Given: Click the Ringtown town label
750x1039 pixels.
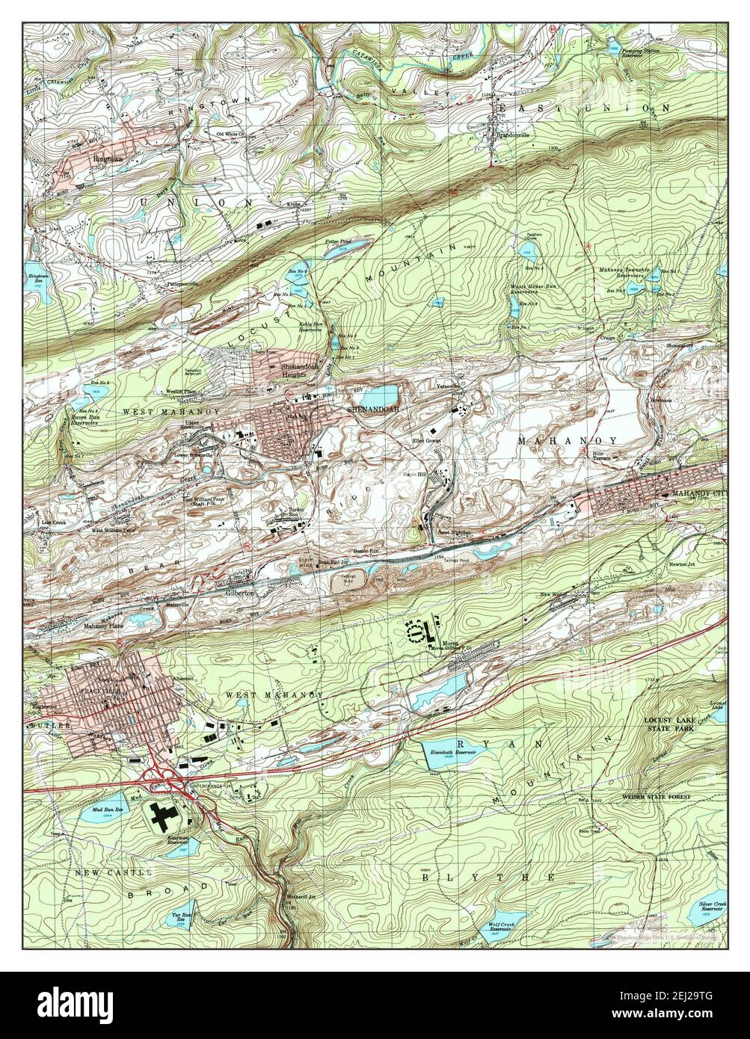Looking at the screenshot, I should pyautogui.click(x=107, y=158).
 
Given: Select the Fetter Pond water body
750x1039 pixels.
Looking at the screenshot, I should pyautogui.click(x=349, y=244).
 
